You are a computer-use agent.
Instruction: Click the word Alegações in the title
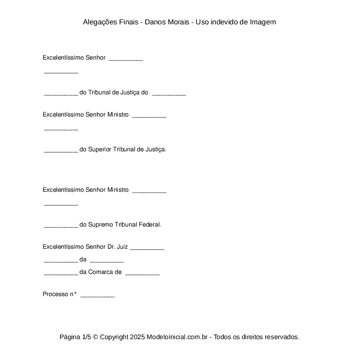coord(100,22)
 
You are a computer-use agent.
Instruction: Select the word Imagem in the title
coord(263,22)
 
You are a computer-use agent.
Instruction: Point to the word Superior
coord(100,150)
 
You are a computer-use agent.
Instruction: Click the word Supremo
coord(100,225)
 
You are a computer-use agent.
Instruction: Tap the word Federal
coord(150,225)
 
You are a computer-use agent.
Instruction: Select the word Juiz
coord(122,247)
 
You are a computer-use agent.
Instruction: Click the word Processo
coord(55,294)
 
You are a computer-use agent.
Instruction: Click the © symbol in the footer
coord(96,337)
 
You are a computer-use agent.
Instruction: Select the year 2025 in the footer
coord(137,337)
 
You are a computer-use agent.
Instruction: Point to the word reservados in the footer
coord(282,337)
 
